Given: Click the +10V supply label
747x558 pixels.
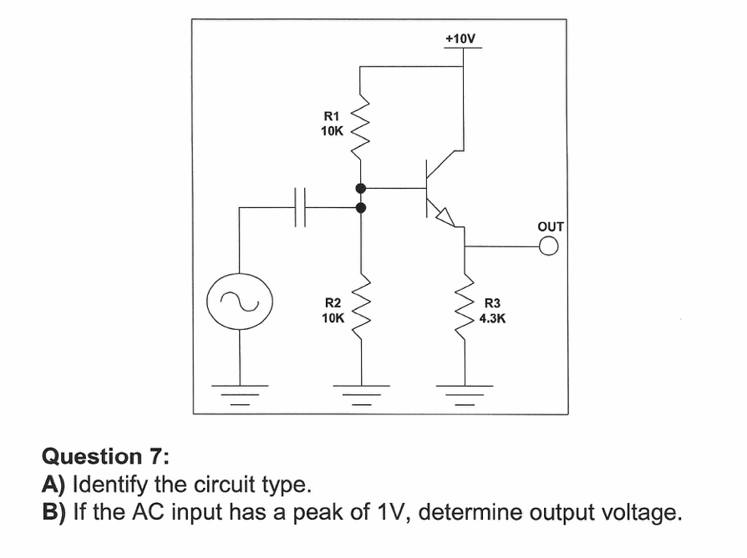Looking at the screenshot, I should click(x=460, y=38).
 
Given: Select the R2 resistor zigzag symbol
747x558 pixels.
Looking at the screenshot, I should click(x=361, y=303).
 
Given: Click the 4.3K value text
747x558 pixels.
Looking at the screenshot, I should click(x=493, y=318).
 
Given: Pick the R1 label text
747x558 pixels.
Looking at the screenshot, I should click(x=332, y=117).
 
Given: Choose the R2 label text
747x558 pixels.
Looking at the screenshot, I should click(x=333, y=302).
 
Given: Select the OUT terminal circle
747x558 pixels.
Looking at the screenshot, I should click(x=548, y=246).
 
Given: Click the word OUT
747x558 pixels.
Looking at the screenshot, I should click(x=551, y=226).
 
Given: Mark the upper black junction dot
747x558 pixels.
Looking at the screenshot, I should click(x=361, y=188).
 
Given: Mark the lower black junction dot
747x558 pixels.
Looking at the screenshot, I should click(x=361, y=207).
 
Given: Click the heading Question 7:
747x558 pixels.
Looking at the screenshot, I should click(x=105, y=456).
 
